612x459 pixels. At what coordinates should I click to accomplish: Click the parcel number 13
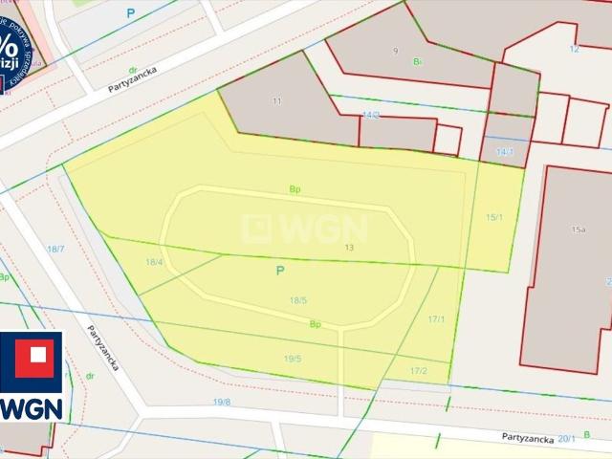coord(349,248)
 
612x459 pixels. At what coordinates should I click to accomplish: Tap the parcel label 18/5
coord(298,300)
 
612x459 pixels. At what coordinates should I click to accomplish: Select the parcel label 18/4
coord(154,262)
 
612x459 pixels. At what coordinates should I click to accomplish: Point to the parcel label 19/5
coord(293,359)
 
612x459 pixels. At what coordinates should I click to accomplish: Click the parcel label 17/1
coord(436,318)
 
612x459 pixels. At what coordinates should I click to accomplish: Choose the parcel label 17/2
coord(419,371)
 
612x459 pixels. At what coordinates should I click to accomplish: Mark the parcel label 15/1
coord(494,218)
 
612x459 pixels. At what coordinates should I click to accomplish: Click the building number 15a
coord(578,229)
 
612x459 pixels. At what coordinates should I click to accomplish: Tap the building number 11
coord(277,100)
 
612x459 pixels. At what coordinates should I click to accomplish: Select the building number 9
coord(395,50)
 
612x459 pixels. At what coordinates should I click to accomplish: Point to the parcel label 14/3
coord(371,115)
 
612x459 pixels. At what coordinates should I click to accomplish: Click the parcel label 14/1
coord(505,152)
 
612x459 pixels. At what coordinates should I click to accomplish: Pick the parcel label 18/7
coord(55,249)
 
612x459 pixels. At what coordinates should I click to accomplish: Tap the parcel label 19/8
coord(222,402)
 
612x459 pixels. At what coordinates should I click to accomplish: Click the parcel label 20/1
coord(567,437)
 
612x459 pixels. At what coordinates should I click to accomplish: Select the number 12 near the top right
coord(574,49)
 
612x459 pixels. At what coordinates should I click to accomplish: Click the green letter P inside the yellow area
coord(280,271)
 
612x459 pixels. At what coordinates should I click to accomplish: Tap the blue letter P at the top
coord(131,13)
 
